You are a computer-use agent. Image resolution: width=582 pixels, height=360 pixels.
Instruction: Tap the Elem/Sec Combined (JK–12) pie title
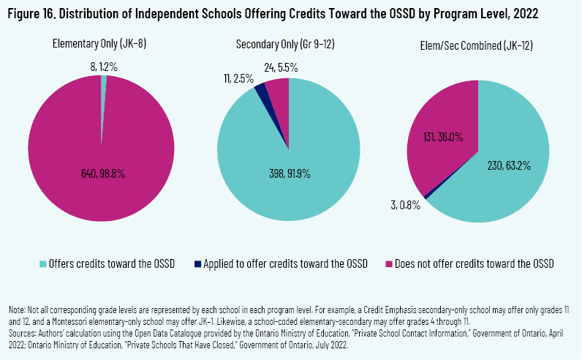[477, 45]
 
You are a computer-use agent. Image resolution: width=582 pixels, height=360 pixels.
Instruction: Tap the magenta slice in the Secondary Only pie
[278, 89]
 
